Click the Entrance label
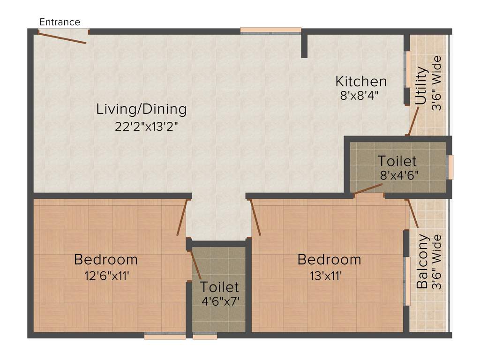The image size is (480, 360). coord(60,22)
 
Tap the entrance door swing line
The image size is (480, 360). coord(62,37)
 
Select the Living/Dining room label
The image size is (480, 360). coord(141,109)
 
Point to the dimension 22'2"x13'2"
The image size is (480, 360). coord(146,127)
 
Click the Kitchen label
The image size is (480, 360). coord(361,81)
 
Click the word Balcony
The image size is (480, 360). coord(422,261)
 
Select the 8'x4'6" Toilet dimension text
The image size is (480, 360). coord(399,175)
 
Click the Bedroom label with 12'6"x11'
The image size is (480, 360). coord(106,259)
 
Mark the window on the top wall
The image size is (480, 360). coord(270,30)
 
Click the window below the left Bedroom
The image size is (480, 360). coord(165,336)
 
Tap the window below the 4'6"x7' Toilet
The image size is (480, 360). coord(205,336)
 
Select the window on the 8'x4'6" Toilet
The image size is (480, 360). coord(450,167)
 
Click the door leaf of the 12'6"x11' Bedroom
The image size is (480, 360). coord(183,217)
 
